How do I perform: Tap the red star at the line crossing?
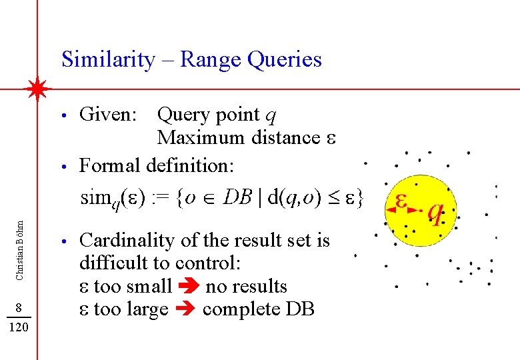(x=39, y=89)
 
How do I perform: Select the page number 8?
(x=20, y=307)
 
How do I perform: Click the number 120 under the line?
(x=20, y=328)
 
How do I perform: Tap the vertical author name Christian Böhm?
(x=20, y=233)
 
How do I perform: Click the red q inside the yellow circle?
(x=435, y=212)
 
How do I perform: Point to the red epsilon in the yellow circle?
(x=401, y=199)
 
